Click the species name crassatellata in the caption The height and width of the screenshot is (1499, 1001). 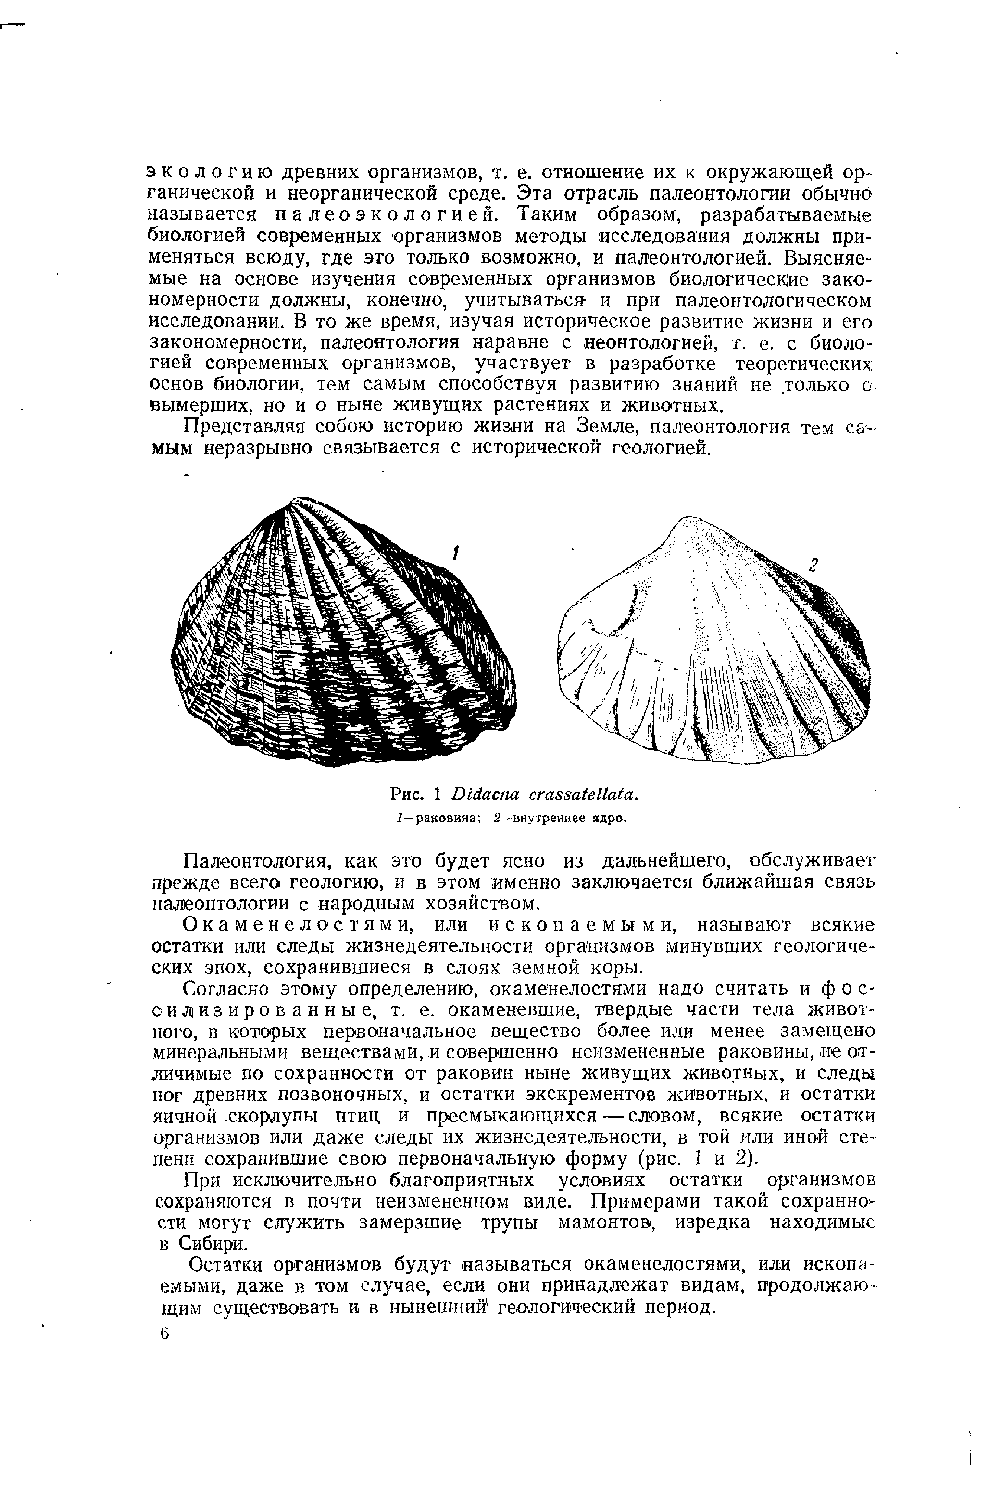583,795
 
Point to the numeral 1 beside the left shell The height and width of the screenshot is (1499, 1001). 456,554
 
